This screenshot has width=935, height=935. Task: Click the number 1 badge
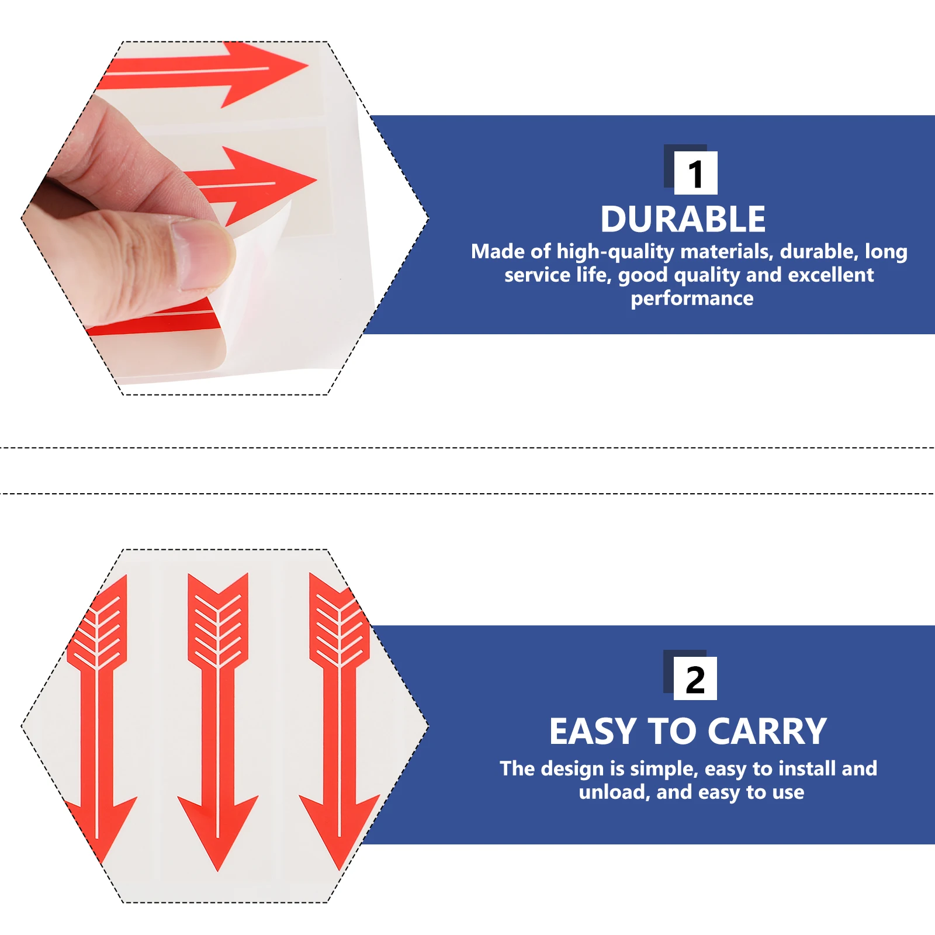tap(695, 173)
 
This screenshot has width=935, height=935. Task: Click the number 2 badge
tap(695, 679)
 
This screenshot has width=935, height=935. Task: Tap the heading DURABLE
tap(683, 220)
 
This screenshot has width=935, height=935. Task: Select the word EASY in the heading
tap(593, 732)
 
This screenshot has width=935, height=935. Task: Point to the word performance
tap(692, 299)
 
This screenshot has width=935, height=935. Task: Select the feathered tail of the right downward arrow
tap(339, 625)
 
